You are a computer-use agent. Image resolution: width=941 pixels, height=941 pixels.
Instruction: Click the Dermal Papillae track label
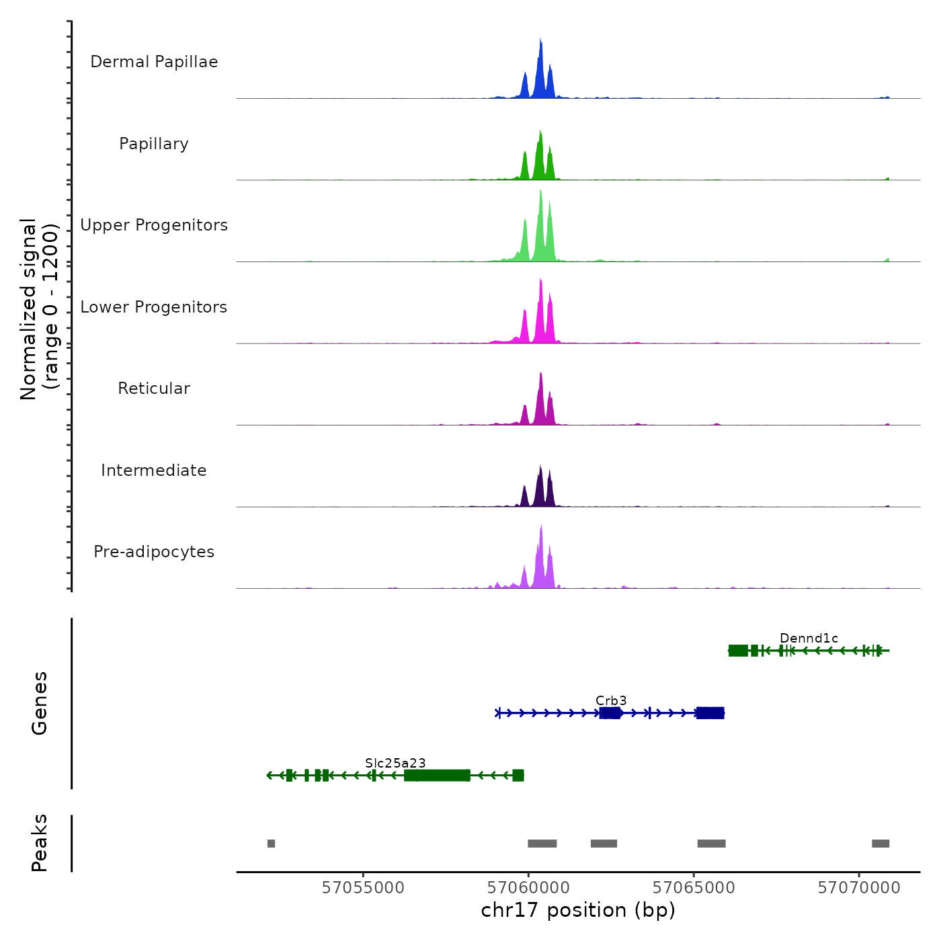(x=154, y=62)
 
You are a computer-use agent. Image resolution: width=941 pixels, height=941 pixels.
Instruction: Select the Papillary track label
(x=154, y=144)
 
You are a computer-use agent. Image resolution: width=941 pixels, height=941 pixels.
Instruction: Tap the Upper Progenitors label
(x=154, y=225)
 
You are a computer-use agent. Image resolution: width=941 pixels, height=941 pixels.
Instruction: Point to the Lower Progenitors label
(x=154, y=307)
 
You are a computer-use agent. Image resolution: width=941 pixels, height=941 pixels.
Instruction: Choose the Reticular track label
(x=154, y=388)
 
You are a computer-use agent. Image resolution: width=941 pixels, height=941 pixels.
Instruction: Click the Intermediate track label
(x=154, y=470)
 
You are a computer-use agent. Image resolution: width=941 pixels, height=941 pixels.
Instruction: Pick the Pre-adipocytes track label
(x=154, y=552)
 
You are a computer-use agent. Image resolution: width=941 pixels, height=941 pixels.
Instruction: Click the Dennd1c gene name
(x=809, y=639)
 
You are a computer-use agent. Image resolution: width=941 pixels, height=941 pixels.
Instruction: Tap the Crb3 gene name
(x=611, y=701)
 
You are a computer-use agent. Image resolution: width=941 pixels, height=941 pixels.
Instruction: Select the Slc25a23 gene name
(x=395, y=763)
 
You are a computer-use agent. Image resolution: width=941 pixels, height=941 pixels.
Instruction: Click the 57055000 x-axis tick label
(x=363, y=888)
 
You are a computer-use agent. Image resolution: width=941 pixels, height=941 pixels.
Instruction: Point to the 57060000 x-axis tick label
(x=528, y=888)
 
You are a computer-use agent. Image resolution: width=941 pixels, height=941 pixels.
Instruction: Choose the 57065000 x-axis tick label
(x=694, y=888)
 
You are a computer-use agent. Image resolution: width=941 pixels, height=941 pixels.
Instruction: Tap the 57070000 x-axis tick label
(x=859, y=888)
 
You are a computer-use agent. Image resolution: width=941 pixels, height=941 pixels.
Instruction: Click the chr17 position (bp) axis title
(x=578, y=911)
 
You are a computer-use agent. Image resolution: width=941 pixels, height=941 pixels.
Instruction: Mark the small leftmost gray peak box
(x=271, y=844)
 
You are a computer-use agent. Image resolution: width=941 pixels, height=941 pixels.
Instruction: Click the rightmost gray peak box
(x=881, y=844)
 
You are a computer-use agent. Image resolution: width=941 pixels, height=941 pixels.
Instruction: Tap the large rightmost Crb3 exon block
(x=710, y=713)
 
